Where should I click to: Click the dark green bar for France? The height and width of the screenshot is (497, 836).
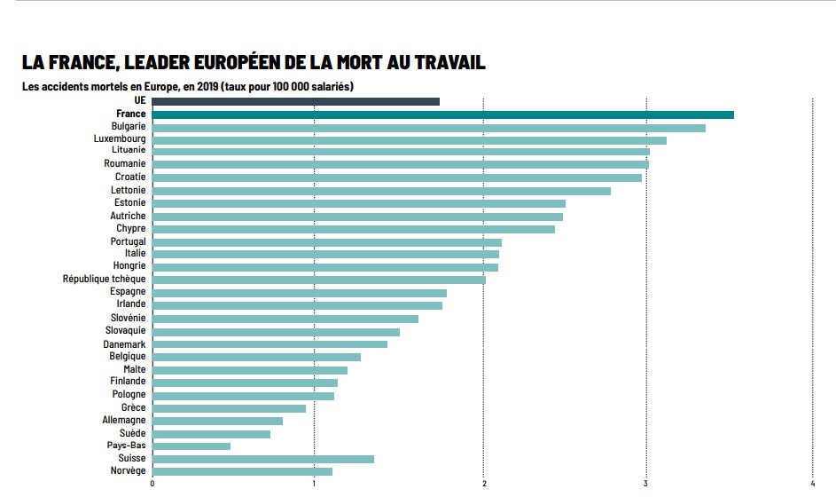coord(442,114)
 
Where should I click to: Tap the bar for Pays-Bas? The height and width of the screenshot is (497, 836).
coord(191,446)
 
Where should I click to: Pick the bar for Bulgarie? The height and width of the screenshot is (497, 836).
coord(428,128)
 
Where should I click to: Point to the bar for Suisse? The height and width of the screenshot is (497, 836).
coord(262,459)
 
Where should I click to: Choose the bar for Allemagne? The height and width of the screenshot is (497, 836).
coord(217,421)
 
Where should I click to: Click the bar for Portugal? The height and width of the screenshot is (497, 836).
coord(326,242)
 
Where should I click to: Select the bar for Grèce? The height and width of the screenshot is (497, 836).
coord(229,408)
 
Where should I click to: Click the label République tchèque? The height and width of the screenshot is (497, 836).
coord(104,279)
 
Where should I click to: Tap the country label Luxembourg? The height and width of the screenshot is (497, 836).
coord(120,139)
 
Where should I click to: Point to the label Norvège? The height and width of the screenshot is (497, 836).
coord(128,470)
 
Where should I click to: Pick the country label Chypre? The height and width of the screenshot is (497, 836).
coord(130,229)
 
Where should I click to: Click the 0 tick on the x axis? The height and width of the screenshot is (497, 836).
coord(152,484)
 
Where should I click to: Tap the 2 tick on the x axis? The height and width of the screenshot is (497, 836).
coord(483,484)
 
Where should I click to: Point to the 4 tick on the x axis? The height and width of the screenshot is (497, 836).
coord(813,484)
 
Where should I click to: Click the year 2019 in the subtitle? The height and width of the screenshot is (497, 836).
coord(208,86)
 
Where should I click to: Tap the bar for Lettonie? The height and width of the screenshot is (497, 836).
coord(381,191)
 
